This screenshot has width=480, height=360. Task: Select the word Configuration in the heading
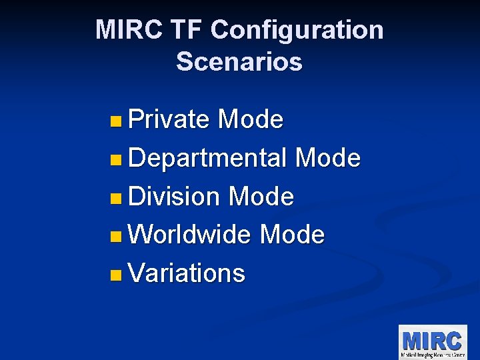tap(297, 31)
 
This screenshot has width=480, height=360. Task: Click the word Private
tap(169, 120)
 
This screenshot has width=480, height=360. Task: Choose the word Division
tap(173, 197)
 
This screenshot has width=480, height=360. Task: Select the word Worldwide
tap(189, 235)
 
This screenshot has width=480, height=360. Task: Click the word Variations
tap(187, 273)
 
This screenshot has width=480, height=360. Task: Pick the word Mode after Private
tap(251, 120)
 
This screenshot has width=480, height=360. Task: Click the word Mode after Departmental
tap(327, 159)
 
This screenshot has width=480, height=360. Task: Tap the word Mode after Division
tap(261, 197)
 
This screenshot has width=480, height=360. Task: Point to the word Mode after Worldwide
tap(292, 235)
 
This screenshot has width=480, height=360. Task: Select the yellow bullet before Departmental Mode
tap(117, 160)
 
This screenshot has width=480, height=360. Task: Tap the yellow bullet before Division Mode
tap(117, 198)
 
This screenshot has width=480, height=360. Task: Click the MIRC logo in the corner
tap(432, 341)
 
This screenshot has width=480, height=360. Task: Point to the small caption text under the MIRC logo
tap(432, 354)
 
